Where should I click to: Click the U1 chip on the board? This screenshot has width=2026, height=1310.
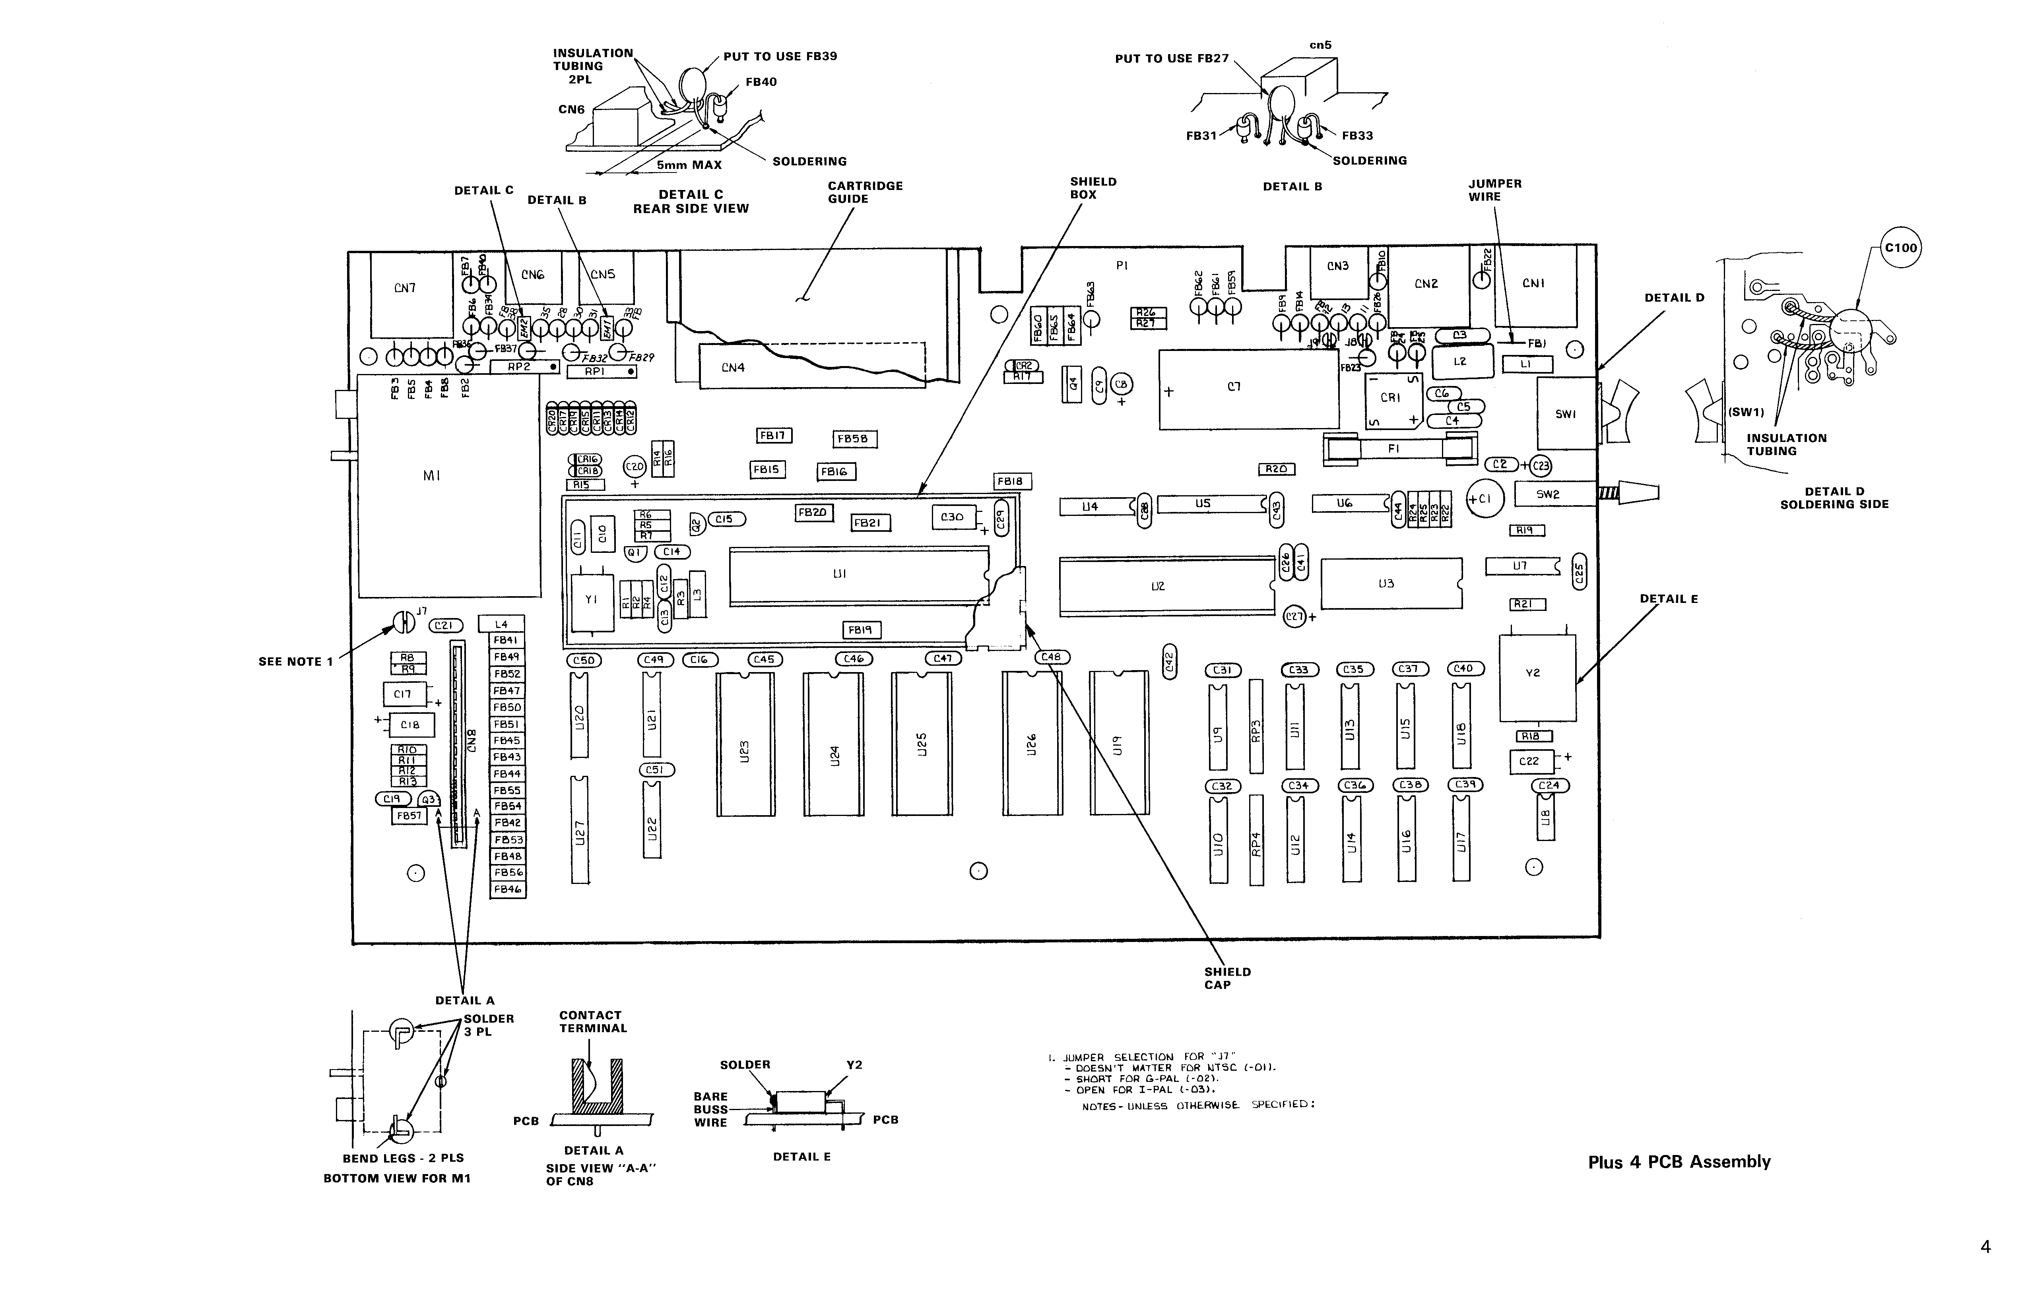(858, 575)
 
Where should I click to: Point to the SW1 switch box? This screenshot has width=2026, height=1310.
(1566, 414)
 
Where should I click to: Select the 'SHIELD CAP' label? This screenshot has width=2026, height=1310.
(1227, 978)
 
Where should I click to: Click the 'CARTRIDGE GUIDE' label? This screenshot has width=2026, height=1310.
(865, 192)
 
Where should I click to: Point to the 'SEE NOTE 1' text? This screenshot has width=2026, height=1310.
(295, 662)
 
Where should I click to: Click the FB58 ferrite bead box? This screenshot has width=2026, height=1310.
(855, 439)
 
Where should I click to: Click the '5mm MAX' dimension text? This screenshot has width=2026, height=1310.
(688, 165)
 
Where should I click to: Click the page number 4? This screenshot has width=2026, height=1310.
(1985, 1247)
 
